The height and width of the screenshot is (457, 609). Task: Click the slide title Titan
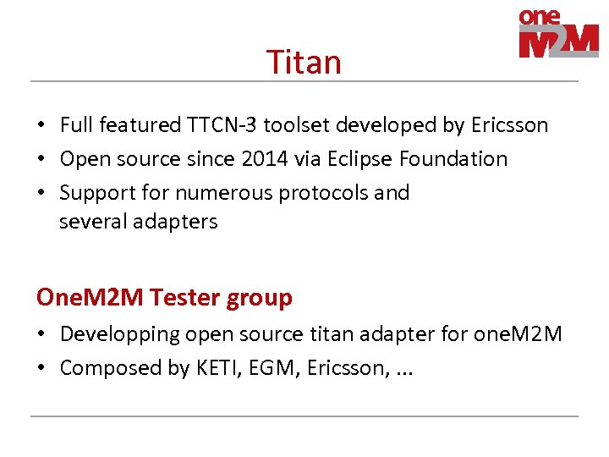(x=304, y=63)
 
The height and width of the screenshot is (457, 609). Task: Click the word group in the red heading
(x=260, y=298)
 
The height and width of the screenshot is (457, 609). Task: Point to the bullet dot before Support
(x=41, y=194)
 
